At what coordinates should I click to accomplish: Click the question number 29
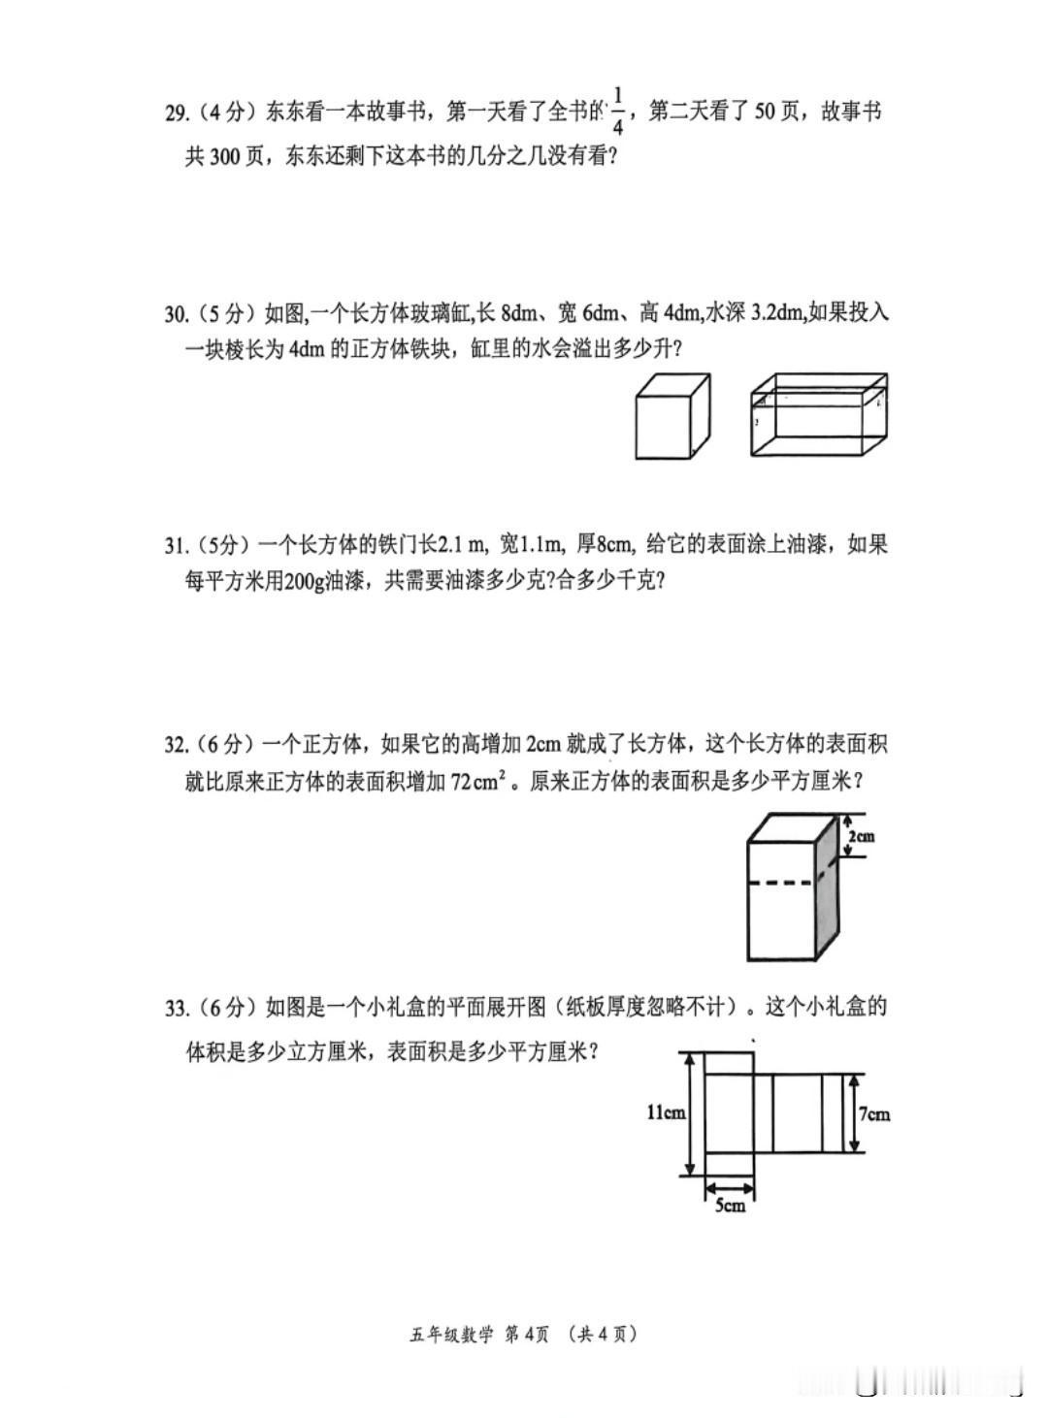coord(177,113)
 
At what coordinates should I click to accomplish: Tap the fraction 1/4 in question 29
coord(618,111)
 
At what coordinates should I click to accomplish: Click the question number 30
coord(177,314)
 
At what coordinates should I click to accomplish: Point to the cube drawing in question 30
coord(672,416)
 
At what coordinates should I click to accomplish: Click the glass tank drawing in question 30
coord(819,414)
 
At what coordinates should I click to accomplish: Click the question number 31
coord(177,545)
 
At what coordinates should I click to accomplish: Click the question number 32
coord(177,745)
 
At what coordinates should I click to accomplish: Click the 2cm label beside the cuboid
coord(861,836)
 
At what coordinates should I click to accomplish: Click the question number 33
coord(177,1009)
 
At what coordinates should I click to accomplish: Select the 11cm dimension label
coord(666,1112)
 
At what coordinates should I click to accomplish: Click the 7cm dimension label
coord(874,1113)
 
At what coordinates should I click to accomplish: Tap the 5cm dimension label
coord(730,1206)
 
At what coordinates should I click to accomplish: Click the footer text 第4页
coord(527,1335)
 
